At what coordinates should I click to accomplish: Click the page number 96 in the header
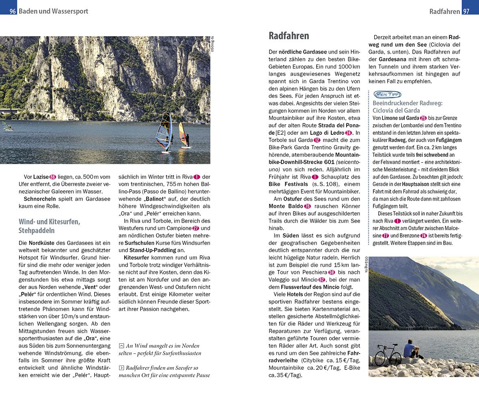tap(13, 11)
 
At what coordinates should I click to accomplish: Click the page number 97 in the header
tap(466, 11)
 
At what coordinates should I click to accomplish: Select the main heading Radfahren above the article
tap(289, 36)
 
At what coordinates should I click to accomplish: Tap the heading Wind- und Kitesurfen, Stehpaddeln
tap(50, 226)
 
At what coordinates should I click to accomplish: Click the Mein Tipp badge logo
tap(387, 95)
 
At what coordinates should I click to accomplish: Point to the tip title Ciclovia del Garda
tap(396, 110)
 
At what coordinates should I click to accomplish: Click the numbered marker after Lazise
tap(53, 177)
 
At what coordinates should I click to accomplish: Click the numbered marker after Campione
tap(196, 228)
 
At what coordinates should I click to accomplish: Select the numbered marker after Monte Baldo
tap(307, 206)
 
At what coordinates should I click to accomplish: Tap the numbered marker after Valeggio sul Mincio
tap(322, 279)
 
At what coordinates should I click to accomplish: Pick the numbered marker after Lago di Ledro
tap(349, 133)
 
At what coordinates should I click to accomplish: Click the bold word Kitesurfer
tap(136, 257)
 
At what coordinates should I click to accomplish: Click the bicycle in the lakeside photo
tap(387, 356)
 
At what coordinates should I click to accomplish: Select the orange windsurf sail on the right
tap(183, 134)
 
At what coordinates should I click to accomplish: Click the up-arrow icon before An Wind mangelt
tap(121, 346)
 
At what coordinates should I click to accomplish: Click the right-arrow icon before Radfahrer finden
tap(121, 368)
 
